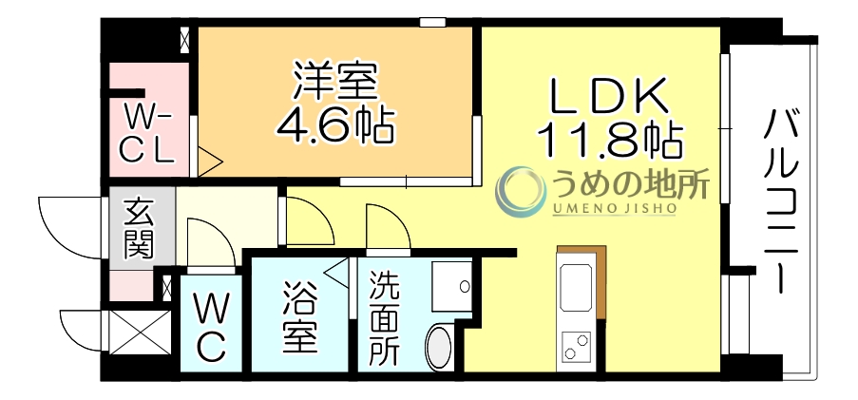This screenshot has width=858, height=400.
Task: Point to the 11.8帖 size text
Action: point(609,141)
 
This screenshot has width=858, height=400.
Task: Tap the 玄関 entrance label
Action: point(139,229)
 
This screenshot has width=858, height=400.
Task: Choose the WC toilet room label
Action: point(212,329)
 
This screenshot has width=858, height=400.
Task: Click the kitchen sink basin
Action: point(578,284)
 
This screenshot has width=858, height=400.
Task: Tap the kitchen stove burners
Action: point(576,347)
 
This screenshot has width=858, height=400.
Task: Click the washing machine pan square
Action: point(451,284)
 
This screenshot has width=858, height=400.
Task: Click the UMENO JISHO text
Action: point(613,208)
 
